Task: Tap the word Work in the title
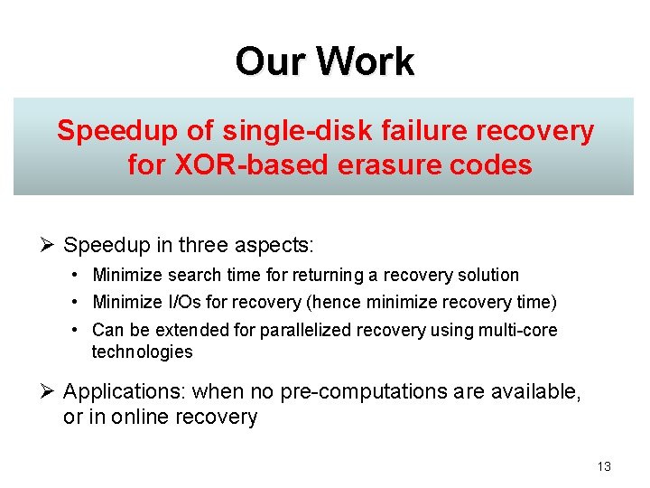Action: coord(366,61)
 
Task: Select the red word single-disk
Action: coord(291,131)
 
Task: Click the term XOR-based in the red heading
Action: coord(248,165)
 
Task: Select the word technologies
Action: coord(143,352)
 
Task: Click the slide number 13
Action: coord(604,466)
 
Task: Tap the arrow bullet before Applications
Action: coord(51,392)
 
